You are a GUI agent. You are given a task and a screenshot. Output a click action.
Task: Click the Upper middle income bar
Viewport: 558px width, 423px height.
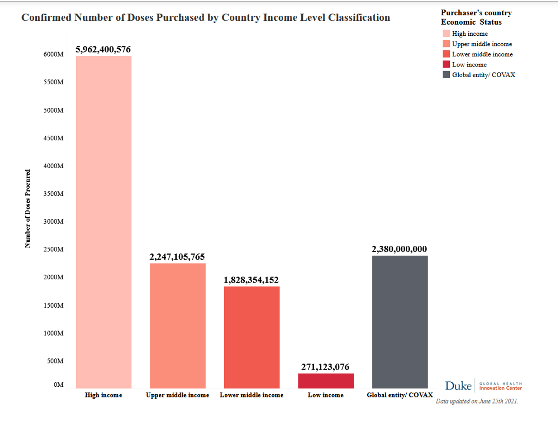point(177,325)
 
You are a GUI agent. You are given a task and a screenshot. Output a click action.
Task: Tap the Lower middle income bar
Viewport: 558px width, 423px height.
point(252,337)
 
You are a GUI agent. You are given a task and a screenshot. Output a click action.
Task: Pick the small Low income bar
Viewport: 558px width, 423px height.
point(325,381)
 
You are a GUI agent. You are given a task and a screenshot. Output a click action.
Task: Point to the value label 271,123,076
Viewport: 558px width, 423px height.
point(325,367)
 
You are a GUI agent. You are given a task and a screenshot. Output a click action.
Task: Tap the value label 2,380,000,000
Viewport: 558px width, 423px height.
point(399,249)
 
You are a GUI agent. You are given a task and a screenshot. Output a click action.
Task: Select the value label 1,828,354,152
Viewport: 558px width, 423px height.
point(251,280)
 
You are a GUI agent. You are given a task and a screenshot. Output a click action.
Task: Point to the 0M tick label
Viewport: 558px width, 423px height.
point(58,385)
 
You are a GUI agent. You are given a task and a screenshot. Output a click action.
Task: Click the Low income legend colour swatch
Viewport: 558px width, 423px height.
point(446,65)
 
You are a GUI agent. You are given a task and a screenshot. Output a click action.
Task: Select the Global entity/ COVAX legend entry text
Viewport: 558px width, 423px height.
point(483,75)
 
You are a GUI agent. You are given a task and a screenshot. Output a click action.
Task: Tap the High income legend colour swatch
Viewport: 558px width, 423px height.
point(446,34)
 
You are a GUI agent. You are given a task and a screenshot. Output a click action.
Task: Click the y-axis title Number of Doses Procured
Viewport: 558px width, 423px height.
point(28,208)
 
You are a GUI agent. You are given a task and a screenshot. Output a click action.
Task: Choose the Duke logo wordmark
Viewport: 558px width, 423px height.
point(458,386)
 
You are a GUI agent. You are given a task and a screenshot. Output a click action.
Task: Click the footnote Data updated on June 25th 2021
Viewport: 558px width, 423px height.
point(477,400)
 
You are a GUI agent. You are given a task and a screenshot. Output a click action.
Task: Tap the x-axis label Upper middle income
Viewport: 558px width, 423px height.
point(177,395)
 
